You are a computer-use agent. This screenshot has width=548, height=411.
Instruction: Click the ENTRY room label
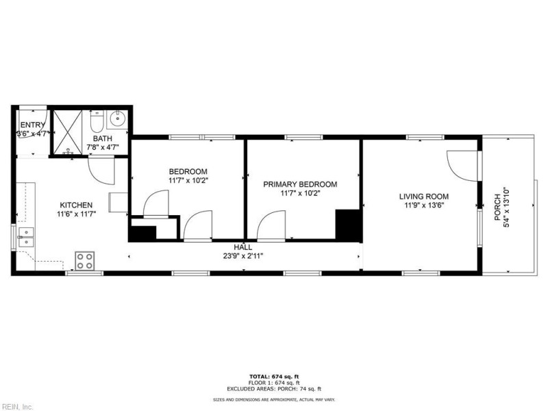[32, 125]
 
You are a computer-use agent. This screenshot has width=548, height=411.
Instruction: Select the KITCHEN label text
[76, 205]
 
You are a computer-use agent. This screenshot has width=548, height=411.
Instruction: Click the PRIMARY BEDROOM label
[301, 184]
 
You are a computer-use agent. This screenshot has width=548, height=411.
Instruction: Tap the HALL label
[243, 247]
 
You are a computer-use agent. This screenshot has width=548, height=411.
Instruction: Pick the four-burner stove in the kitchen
[85, 260]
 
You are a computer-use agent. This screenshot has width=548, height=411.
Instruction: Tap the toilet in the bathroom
[97, 122]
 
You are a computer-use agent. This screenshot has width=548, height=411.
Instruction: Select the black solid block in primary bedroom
[347, 224]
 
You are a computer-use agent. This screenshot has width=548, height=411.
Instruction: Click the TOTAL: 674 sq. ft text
[274, 376]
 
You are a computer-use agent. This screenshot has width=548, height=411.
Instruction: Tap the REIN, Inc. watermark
[17, 406]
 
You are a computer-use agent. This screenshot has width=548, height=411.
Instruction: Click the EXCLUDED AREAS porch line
[274, 388]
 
